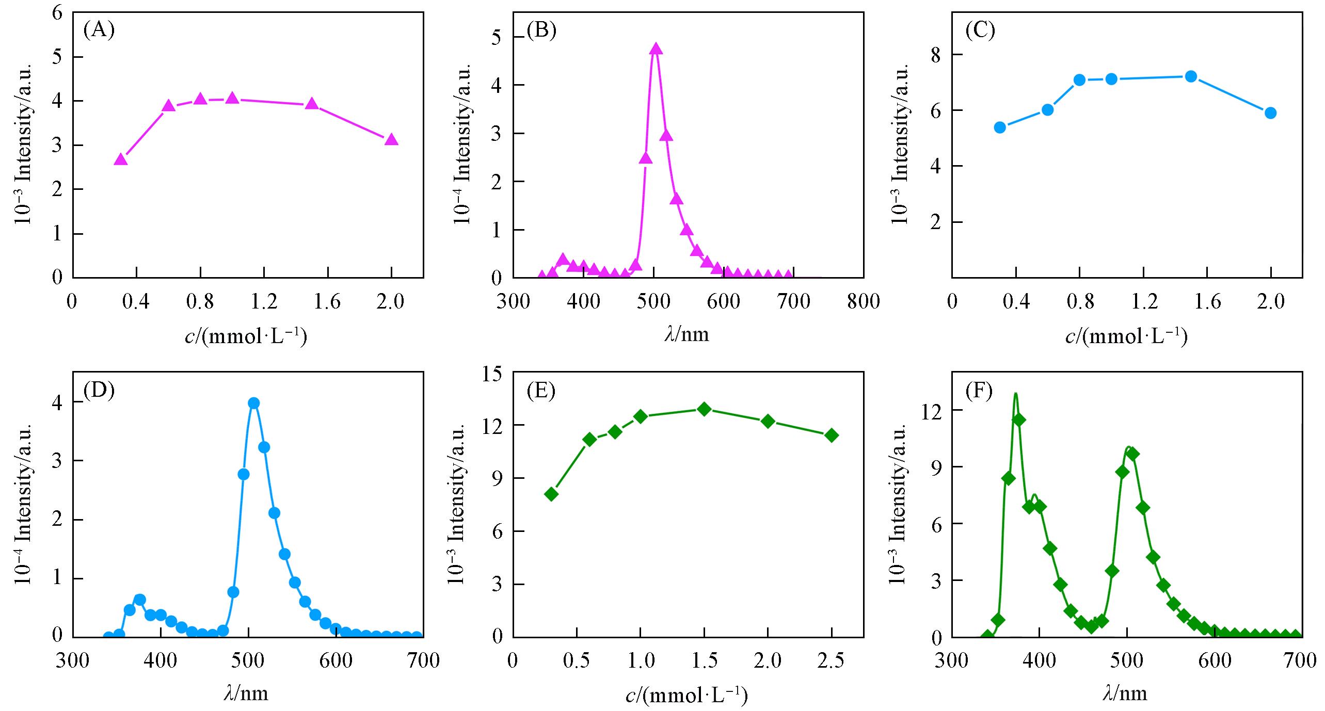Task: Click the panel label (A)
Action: pos(99,30)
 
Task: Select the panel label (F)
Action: pos(979,392)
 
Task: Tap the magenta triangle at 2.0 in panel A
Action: pos(391,139)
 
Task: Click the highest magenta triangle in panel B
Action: pos(656,49)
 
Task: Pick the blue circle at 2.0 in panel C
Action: pos(1270,113)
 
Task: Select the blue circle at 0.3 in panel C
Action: pos(1000,127)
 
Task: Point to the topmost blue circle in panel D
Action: pos(253,403)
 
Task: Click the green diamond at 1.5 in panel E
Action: pos(704,409)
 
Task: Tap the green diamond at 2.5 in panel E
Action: pos(832,435)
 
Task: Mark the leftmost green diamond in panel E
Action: pos(551,494)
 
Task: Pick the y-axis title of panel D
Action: pos(24,505)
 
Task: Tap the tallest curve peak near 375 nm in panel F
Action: pos(1015,394)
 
